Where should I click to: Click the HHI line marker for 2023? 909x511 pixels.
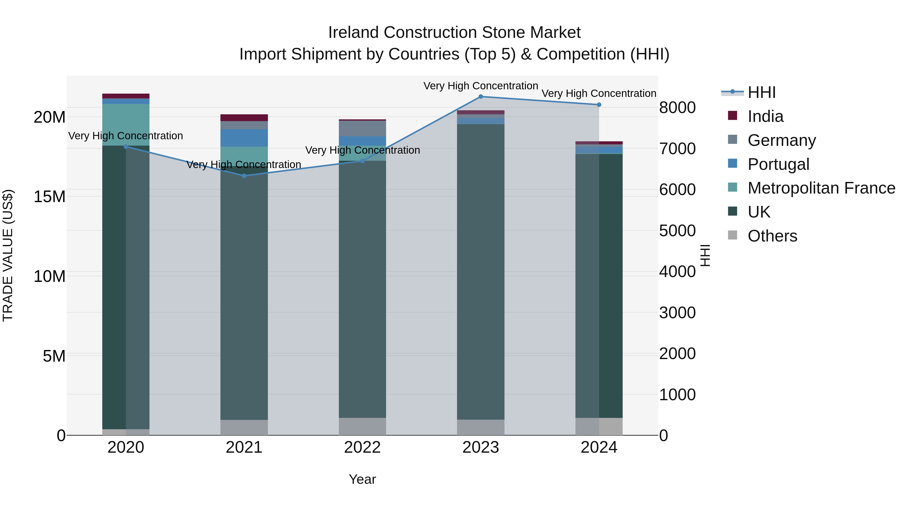[481, 97]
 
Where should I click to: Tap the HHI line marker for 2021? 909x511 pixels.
[244, 176]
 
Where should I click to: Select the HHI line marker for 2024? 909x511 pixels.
[599, 105]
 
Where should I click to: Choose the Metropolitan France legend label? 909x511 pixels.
[821, 188]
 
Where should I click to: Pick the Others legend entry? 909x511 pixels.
[772, 236]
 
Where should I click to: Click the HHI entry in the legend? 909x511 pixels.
[762, 92]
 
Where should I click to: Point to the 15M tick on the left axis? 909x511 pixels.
[49, 196]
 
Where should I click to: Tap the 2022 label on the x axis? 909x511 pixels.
[362, 447]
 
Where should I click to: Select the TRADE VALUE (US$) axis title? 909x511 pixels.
[8, 255]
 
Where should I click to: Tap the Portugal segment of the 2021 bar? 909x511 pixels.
[244, 138]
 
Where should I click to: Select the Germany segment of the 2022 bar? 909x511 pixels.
[362, 128]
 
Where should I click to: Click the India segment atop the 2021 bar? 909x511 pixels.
[244, 117]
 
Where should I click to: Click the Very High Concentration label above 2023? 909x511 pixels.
[481, 86]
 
